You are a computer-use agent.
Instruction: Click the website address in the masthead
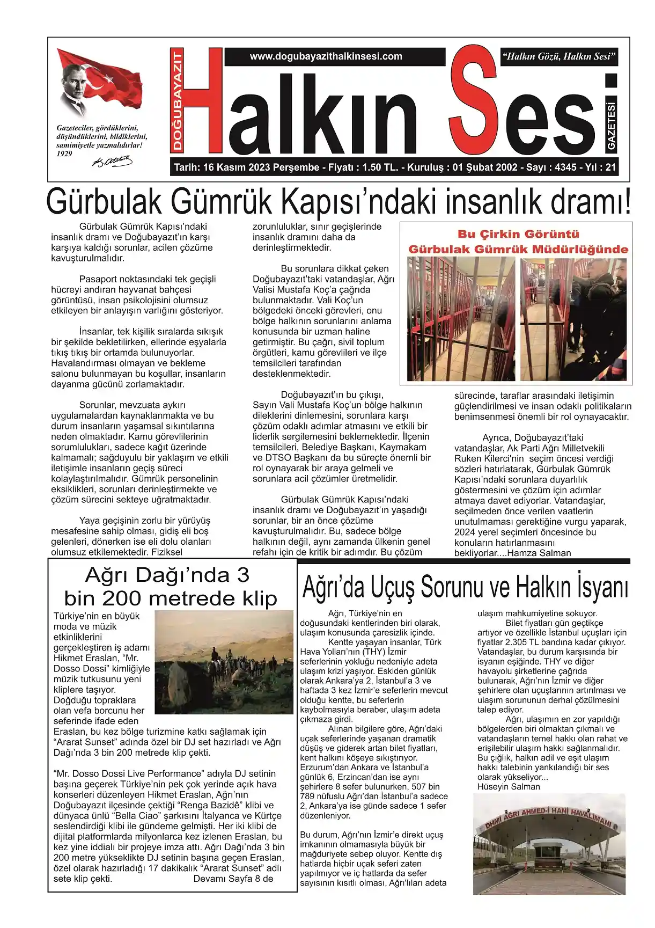point(326,56)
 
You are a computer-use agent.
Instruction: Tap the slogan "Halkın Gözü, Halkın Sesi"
point(558,56)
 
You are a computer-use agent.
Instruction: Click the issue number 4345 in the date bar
point(565,167)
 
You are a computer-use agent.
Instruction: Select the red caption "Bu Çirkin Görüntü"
point(518,234)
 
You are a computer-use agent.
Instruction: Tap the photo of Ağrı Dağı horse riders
point(224,661)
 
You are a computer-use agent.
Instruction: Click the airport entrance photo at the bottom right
point(549,844)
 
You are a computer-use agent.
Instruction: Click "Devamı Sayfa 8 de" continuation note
point(233,879)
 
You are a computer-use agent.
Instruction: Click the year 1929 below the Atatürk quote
point(64,154)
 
